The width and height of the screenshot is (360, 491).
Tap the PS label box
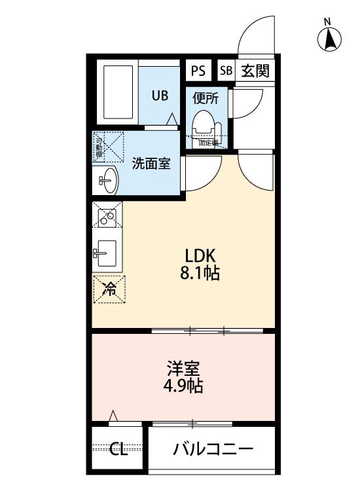[197, 71]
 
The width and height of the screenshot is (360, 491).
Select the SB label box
[226, 71]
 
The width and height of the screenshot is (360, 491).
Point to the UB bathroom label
[160, 96]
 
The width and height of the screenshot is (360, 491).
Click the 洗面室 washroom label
[151, 163]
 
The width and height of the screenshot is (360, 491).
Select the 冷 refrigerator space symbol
[109, 289]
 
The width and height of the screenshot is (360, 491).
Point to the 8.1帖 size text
[194, 274]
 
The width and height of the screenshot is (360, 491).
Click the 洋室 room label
[177, 367]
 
